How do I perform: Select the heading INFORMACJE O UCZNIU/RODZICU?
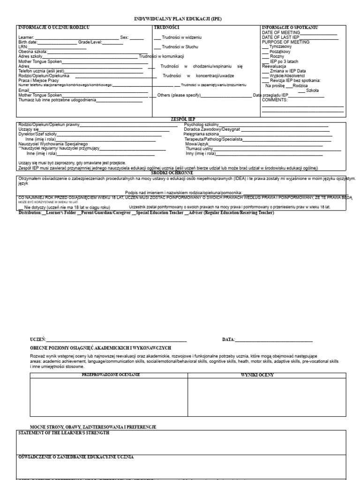[x=53, y=28]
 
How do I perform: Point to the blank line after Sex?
[x=137, y=37]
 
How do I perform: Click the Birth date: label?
[x=28, y=42]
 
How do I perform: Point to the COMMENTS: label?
[x=275, y=100]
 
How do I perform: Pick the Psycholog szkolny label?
[x=202, y=125]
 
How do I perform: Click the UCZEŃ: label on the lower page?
[x=38, y=339]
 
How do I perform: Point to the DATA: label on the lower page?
[x=229, y=339]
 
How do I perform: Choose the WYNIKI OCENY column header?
[x=257, y=375]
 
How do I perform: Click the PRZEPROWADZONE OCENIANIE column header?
[x=111, y=375]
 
